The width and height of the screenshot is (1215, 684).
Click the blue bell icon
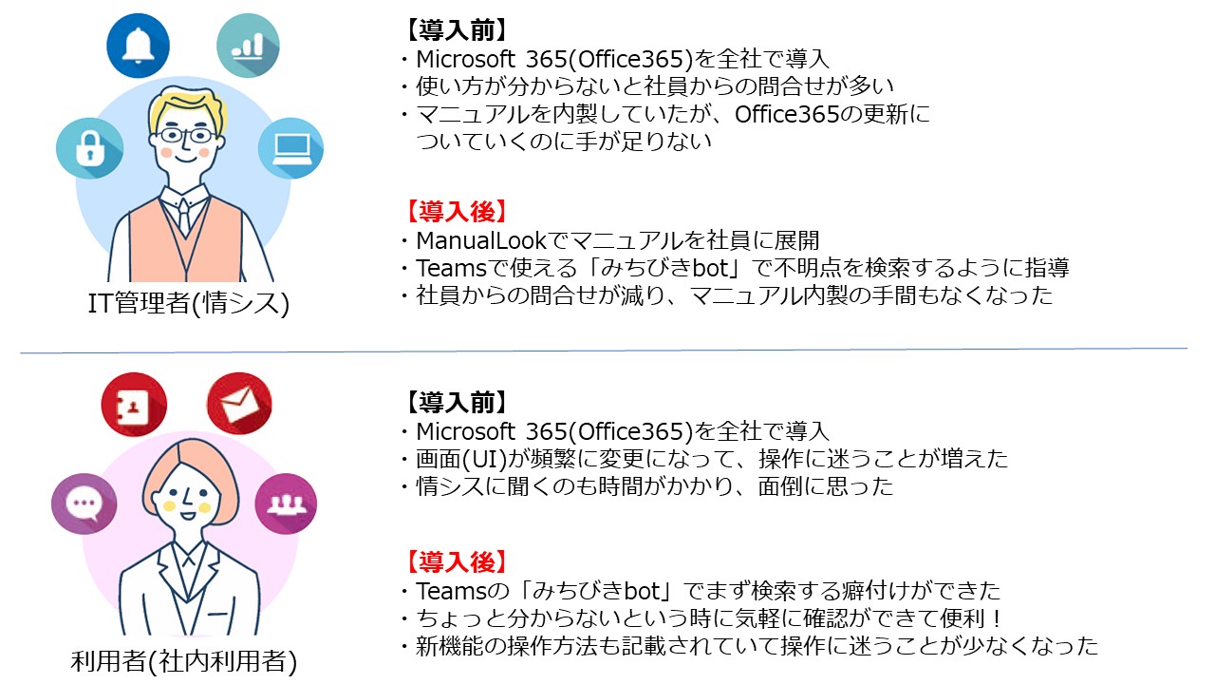(x=139, y=45)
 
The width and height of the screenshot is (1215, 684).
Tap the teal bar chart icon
(x=249, y=45)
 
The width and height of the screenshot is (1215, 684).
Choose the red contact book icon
(x=134, y=405)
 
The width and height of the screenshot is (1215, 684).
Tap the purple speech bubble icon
(x=84, y=503)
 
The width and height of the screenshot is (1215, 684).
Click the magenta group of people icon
(x=284, y=503)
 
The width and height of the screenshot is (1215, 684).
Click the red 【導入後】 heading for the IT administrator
(x=454, y=211)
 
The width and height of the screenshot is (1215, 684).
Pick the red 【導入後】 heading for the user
(x=454, y=561)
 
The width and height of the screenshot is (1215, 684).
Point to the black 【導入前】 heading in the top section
(x=454, y=30)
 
